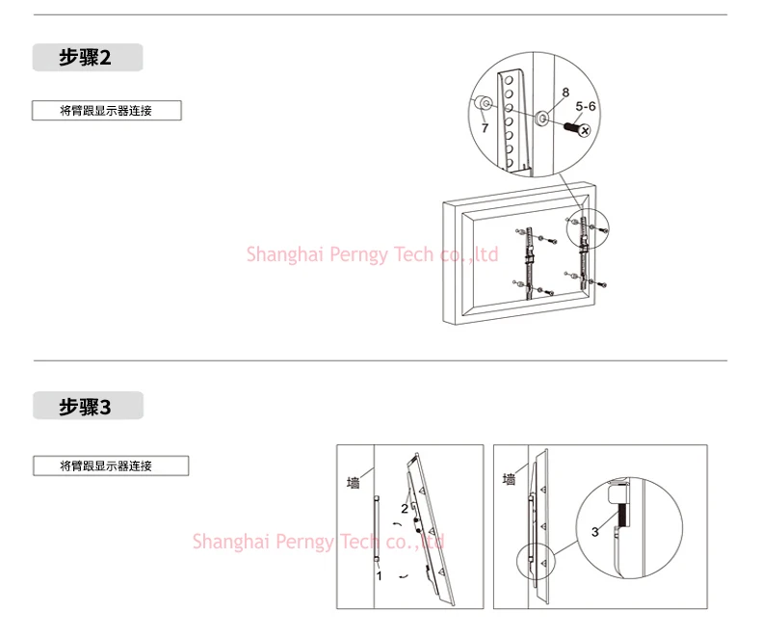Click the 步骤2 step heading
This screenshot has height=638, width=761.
click(86, 57)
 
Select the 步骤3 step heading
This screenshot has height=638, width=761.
click(86, 407)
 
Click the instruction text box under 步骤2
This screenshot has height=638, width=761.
click(106, 111)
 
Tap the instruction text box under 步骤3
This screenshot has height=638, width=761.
click(111, 466)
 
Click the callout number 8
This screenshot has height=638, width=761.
click(565, 93)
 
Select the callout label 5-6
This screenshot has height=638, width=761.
click(586, 107)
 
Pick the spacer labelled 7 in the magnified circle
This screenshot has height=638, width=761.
click(482, 104)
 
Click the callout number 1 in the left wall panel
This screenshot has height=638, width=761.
click(380, 575)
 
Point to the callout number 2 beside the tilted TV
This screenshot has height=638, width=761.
click(405, 509)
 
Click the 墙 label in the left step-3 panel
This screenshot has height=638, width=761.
click(353, 482)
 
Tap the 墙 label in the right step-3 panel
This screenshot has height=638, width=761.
click(509, 479)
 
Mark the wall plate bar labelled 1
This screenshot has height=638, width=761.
click(378, 525)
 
